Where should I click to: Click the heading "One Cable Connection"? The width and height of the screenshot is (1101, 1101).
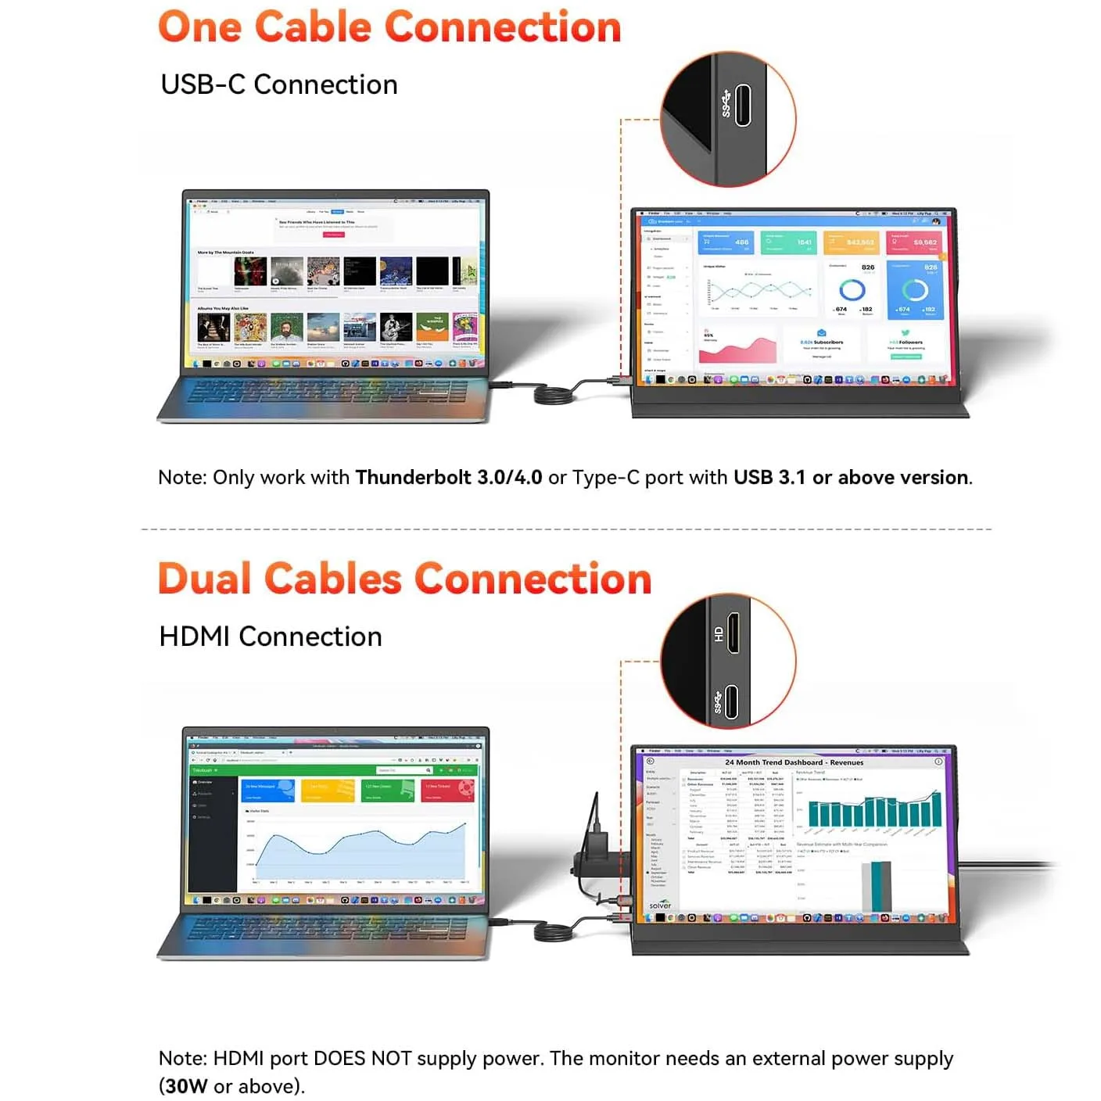tap(389, 27)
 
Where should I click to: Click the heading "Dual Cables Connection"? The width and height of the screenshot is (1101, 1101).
tap(404, 579)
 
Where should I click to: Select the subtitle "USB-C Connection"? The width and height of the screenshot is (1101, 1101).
tap(278, 84)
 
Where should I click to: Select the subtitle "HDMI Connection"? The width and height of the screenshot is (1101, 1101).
tap(270, 637)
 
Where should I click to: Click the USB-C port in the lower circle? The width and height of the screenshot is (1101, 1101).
tap(731, 701)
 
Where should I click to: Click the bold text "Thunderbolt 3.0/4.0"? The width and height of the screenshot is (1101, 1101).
tap(448, 477)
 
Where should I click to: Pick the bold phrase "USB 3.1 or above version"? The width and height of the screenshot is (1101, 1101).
tap(851, 477)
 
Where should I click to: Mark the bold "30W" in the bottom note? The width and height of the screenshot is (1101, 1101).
tap(186, 1086)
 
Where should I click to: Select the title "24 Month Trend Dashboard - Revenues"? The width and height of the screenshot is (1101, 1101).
tap(794, 762)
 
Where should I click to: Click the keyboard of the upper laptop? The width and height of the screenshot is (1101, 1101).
tap(327, 391)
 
